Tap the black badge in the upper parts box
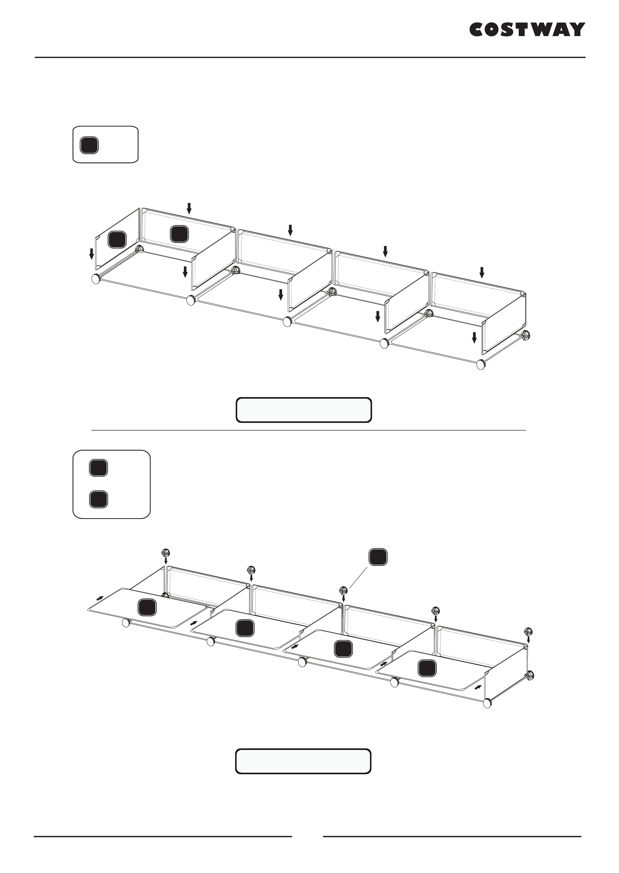89,145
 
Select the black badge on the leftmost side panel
117,239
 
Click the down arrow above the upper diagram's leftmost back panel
189,208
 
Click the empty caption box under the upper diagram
304,410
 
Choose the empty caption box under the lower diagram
303,761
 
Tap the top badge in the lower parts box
98,468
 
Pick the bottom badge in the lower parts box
98,499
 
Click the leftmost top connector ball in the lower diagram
166,553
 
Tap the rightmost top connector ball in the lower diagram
528,632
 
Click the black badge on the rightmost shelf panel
427,668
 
